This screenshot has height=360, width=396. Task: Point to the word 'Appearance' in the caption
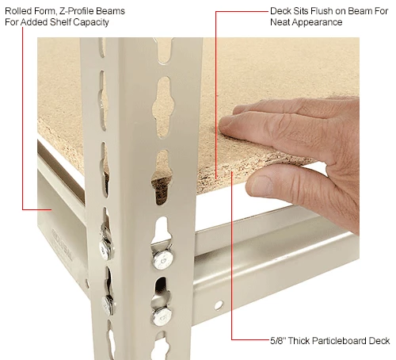(x=315, y=22)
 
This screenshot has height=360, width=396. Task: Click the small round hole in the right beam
(x=218, y=304)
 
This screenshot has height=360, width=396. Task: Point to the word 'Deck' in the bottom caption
(x=379, y=342)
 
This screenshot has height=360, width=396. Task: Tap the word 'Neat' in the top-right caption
(x=280, y=22)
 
